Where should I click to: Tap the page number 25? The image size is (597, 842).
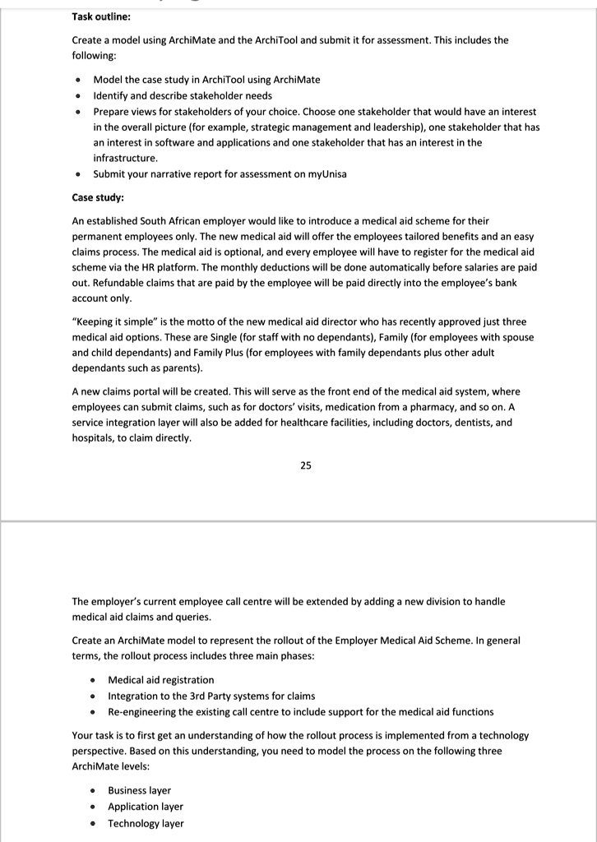pos(306,465)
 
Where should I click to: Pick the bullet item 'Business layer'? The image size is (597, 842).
pos(139,790)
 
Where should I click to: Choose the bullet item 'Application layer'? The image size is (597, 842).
pos(146,807)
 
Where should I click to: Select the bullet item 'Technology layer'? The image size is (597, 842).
pos(146,823)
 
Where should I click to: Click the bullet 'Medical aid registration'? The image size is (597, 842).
pos(160,680)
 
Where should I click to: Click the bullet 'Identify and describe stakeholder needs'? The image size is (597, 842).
pos(183,95)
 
